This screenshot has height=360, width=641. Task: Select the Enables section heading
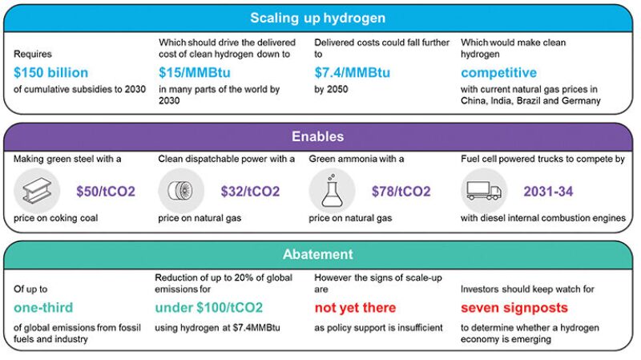pyautogui.click(x=317, y=137)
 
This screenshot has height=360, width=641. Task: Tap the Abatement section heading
pyautogui.click(x=317, y=254)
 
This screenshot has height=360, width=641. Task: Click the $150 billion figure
pyautogui.click(x=51, y=73)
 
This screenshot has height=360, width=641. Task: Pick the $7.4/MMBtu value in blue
pyautogui.click(x=353, y=73)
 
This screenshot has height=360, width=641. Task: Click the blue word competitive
pyautogui.click(x=498, y=73)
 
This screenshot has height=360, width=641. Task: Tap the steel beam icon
pyautogui.click(x=38, y=192)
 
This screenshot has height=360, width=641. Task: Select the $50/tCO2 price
pyautogui.click(x=106, y=192)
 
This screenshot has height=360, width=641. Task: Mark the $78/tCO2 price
pyautogui.click(x=401, y=192)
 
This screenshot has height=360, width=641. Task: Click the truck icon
pyautogui.click(x=483, y=192)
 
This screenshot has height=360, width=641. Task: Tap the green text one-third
pyautogui.click(x=44, y=308)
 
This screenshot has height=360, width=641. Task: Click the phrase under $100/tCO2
pyautogui.click(x=208, y=308)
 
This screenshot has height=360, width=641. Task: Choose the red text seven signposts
pyautogui.click(x=514, y=308)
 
